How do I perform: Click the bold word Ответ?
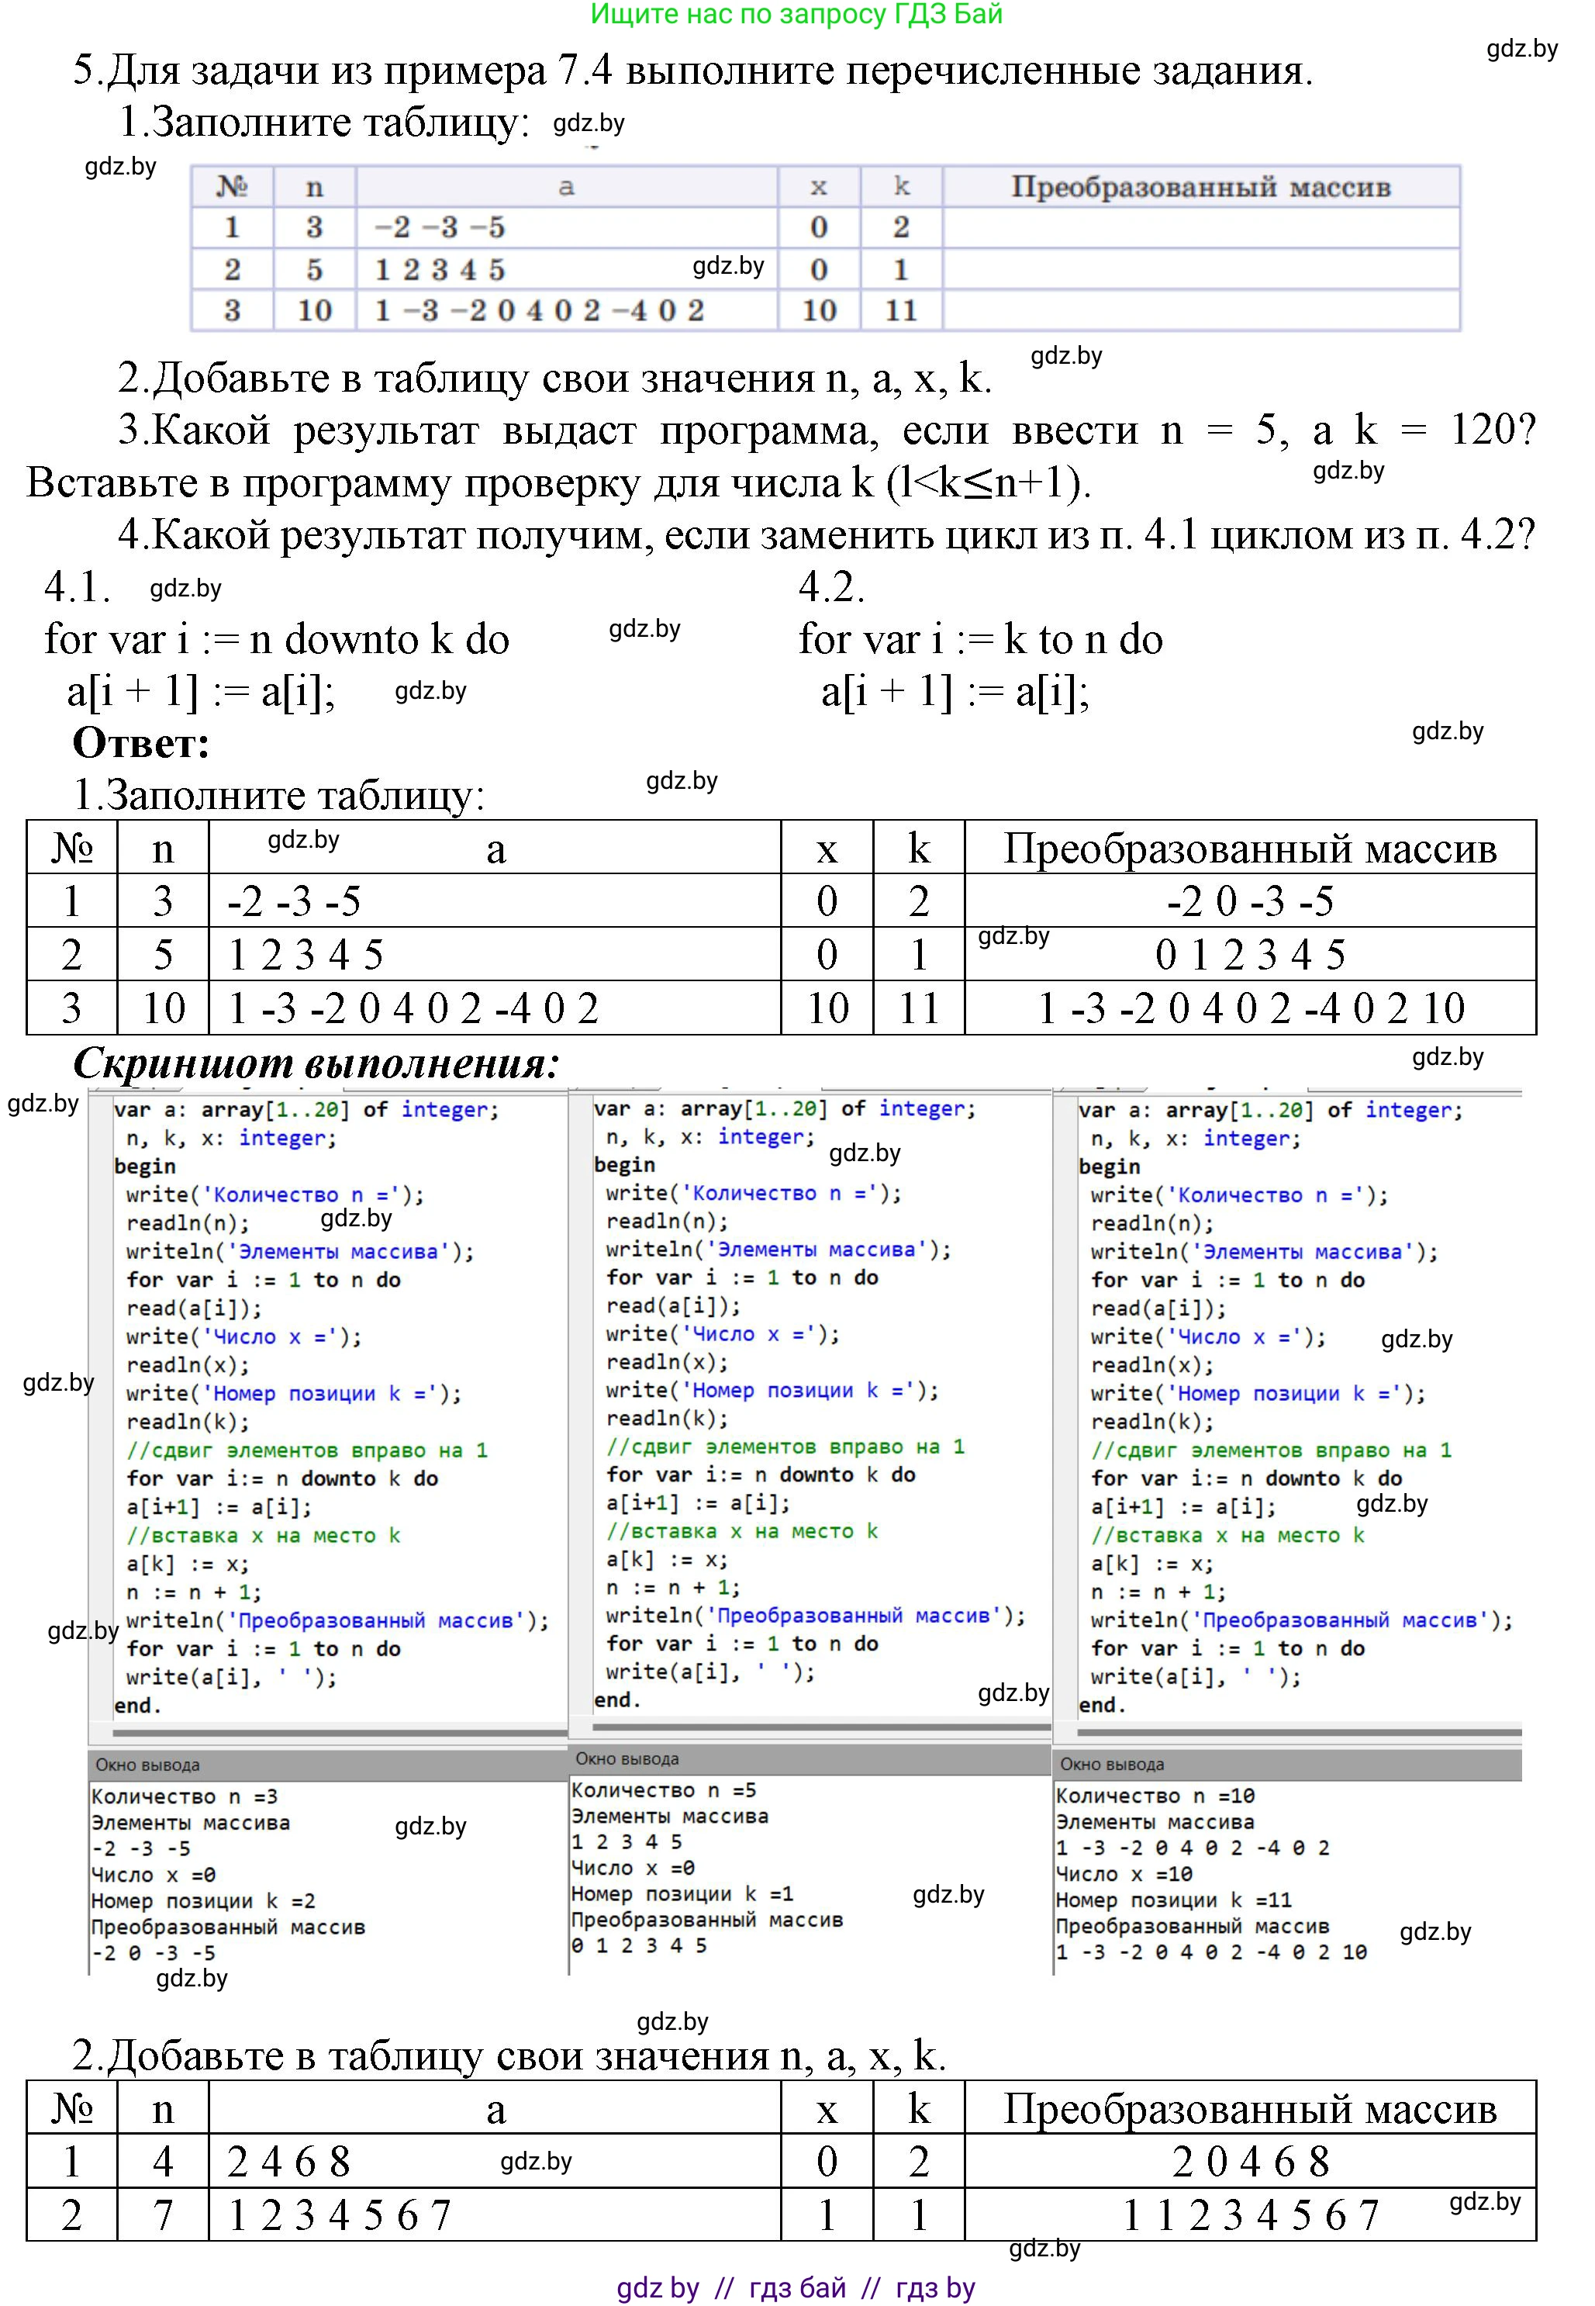tap(141, 742)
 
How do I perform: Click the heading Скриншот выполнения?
tap(316, 1063)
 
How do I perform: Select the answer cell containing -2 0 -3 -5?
tap(1249, 901)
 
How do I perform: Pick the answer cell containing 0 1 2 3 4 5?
tap(1249, 955)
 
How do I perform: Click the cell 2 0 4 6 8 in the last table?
tap(1249, 2162)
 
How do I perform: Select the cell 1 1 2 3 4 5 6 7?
tap(1249, 2215)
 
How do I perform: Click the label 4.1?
tap(77, 586)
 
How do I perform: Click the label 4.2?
tap(830, 586)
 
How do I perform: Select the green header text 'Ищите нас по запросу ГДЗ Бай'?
tap(796, 14)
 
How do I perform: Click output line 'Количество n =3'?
tap(185, 1796)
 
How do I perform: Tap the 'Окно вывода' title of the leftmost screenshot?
tap(148, 1765)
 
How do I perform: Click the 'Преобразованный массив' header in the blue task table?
tap(1200, 187)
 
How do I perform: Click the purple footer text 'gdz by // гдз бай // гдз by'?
tap(796, 2287)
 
